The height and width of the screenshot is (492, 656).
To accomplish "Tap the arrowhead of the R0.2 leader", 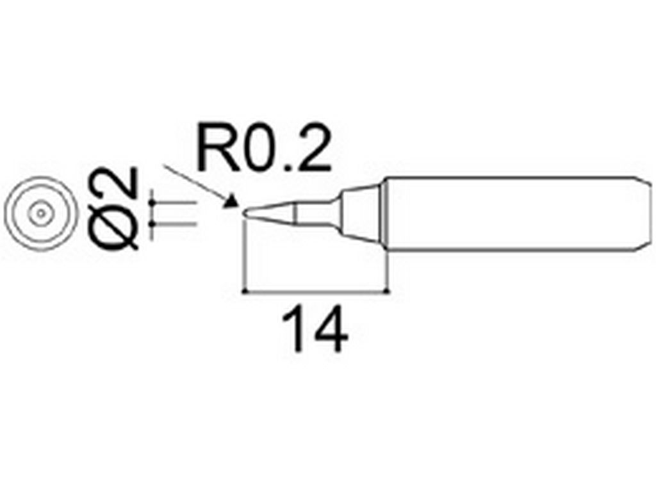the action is (x=231, y=202).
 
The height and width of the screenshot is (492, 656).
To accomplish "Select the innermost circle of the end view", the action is (x=40, y=213).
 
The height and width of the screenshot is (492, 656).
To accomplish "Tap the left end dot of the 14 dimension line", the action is (x=243, y=291).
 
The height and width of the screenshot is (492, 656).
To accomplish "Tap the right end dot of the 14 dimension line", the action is (x=389, y=291).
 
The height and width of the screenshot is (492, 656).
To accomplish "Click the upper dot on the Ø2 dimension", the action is (x=152, y=202).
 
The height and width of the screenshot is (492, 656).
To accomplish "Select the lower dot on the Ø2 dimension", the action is (x=152, y=225).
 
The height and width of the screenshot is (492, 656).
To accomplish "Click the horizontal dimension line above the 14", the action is (x=316, y=291).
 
